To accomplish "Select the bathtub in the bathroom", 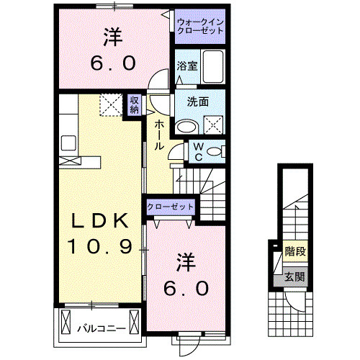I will pyautogui.click(x=213, y=67).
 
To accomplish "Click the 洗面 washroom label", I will pyautogui.click(x=198, y=102).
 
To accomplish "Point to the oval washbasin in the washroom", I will pyautogui.click(x=186, y=125).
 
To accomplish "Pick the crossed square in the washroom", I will pyautogui.click(x=214, y=125).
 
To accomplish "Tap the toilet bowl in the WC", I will pyautogui.click(x=219, y=152).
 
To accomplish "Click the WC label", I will pyautogui.click(x=198, y=152).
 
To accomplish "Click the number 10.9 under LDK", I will pyautogui.click(x=99, y=247).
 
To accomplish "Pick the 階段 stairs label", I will pyautogui.click(x=295, y=252).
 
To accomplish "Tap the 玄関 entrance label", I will pyautogui.click(x=293, y=276).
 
